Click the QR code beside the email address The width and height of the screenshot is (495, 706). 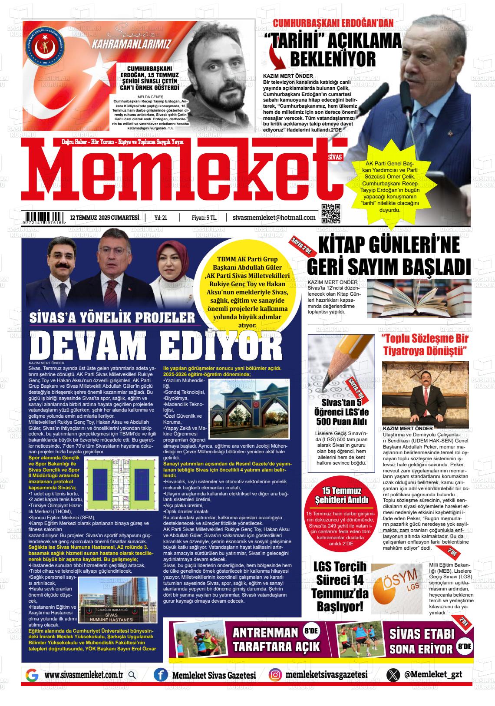tap(331, 213)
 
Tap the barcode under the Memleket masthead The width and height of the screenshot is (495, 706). tap(45, 218)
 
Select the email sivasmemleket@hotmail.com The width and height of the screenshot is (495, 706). tap(274, 217)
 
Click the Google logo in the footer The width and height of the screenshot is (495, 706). tap(32, 676)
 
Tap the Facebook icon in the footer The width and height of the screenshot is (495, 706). tap(161, 675)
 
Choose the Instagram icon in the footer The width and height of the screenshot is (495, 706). tap(275, 675)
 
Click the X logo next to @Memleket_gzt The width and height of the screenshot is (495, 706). tap(393, 675)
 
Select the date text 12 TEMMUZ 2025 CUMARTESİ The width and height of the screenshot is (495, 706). tap(104, 218)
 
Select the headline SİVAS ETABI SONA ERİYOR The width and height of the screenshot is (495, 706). tap(421, 641)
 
